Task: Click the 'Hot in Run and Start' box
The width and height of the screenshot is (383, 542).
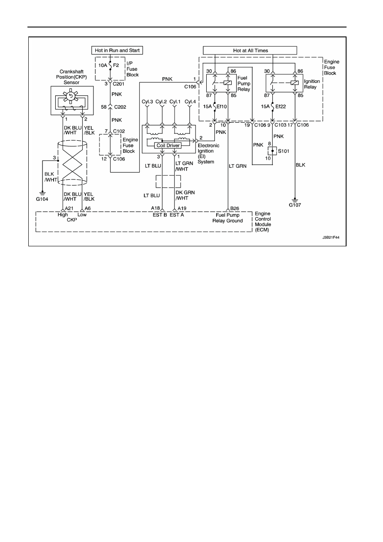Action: pyautogui.click(x=117, y=50)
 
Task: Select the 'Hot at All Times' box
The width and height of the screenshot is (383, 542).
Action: pyautogui.click(x=250, y=51)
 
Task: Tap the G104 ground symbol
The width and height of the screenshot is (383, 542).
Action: pyautogui.click(x=42, y=194)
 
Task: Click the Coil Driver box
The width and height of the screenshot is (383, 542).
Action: pyautogui.click(x=168, y=145)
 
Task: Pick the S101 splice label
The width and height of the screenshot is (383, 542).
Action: pyautogui.click(x=283, y=151)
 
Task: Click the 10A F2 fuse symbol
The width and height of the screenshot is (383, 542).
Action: pyautogui.click(x=110, y=65)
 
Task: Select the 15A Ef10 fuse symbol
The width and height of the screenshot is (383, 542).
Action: pyautogui.click(x=215, y=106)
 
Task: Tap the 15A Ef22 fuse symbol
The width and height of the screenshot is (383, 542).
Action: pyautogui.click(x=272, y=106)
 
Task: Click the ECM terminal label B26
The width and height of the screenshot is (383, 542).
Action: pyautogui.click(x=235, y=208)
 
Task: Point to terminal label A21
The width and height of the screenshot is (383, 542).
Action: pyautogui.click(x=69, y=208)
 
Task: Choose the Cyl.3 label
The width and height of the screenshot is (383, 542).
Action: pyautogui.click(x=147, y=102)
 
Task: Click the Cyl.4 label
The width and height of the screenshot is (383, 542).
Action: pyautogui.click(x=190, y=102)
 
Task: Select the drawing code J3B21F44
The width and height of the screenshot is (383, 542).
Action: pyautogui.click(x=331, y=237)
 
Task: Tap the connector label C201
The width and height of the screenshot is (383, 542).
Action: pyautogui.click(x=118, y=84)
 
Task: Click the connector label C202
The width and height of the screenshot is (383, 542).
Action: pyautogui.click(x=120, y=107)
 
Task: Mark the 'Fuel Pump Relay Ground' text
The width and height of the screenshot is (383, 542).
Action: pyautogui.click(x=228, y=218)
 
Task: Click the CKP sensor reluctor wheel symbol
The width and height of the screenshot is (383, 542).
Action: pyautogui.click(x=71, y=96)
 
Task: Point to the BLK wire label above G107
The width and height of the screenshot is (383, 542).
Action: pyautogui.click(x=301, y=165)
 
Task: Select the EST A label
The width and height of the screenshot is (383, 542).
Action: pyautogui.click(x=177, y=215)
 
